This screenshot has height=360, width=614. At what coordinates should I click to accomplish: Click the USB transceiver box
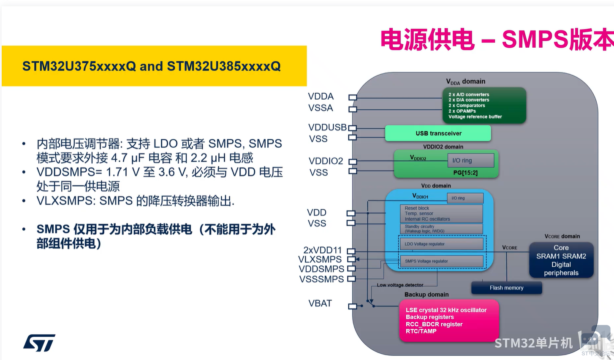(438, 133)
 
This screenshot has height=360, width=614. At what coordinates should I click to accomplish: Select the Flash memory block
(506, 288)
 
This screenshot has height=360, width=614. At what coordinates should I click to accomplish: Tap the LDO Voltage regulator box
(441, 244)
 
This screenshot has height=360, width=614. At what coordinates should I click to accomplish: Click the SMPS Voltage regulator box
(441, 261)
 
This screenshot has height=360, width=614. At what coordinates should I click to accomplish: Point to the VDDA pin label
(321, 97)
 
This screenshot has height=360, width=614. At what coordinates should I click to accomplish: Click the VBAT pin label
(320, 303)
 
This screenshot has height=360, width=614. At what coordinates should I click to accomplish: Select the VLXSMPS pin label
(320, 260)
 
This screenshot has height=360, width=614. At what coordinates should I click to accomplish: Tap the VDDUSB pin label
(327, 127)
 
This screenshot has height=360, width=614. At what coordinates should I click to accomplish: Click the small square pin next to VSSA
(353, 109)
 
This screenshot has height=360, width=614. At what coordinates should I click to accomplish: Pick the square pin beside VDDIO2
(353, 162)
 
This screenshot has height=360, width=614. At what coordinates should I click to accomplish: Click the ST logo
(39, 343)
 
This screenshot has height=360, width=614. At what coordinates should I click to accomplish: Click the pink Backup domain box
(449, 320)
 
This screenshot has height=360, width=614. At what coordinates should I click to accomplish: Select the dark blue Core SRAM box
(561, 260)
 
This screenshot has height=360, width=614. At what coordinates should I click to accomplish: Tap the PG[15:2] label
(465, 173)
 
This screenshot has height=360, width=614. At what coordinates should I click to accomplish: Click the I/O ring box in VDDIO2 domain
(470, 160)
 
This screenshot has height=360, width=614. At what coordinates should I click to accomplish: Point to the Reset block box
(441, 214)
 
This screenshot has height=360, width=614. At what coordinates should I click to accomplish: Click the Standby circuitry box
(441, 229)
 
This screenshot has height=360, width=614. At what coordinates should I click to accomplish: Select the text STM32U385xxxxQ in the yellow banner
(224, 66)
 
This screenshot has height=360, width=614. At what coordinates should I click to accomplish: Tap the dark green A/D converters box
(484, 106)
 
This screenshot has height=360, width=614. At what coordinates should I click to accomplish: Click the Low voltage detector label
(400, 285)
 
